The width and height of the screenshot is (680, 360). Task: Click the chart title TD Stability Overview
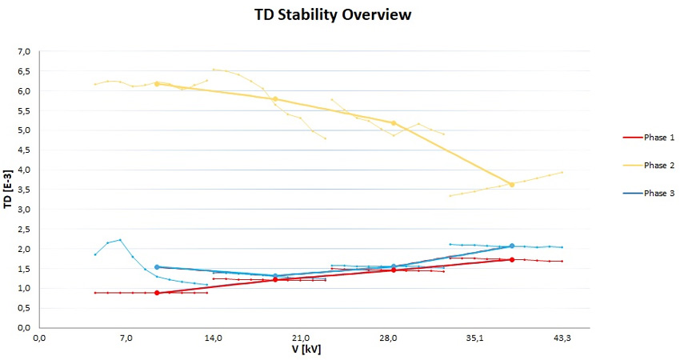coord(334,15)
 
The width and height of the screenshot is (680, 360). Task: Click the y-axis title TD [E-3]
coord(7,189)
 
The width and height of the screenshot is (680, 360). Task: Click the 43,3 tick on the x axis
coord(562,338)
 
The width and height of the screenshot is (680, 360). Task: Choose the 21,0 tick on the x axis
coord(301,338)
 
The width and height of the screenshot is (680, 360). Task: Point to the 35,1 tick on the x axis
coord(475,338)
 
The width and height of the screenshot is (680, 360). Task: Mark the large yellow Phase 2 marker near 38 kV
coord(512,185)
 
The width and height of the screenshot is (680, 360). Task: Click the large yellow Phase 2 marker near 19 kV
coord(275,99)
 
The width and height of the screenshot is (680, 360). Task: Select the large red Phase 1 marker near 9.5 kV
coord(157,293)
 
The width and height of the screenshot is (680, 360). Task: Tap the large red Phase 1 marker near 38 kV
coord(512,259)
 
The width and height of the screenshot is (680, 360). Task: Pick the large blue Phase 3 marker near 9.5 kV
coord(157,267)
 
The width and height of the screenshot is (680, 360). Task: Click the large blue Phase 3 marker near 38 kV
coord(512,246)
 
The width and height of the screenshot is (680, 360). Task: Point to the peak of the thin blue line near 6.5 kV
coord(120,240)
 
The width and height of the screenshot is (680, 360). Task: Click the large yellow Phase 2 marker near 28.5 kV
coord(394,123)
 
